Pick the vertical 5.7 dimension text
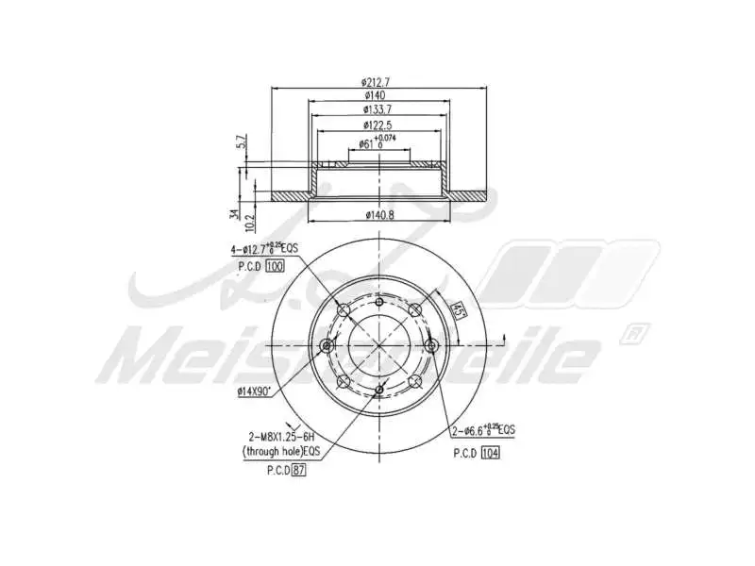[241, 142]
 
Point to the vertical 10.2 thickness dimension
[248, 223]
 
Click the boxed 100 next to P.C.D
[275, 267]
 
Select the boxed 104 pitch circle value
[489, 453]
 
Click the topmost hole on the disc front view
[379, 304]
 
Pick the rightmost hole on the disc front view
[432, 345]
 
